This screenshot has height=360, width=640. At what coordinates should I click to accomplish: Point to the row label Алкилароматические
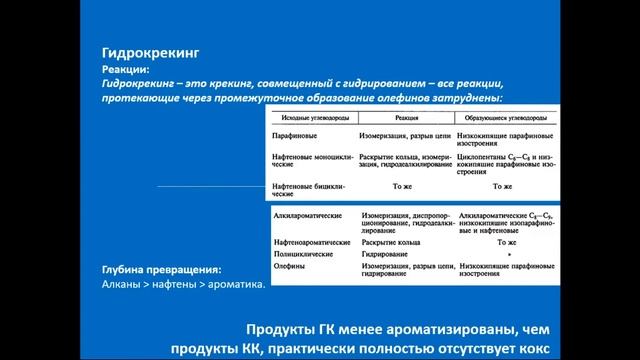(309, 215)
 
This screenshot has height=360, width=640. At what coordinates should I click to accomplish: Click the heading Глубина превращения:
(161, 270)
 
